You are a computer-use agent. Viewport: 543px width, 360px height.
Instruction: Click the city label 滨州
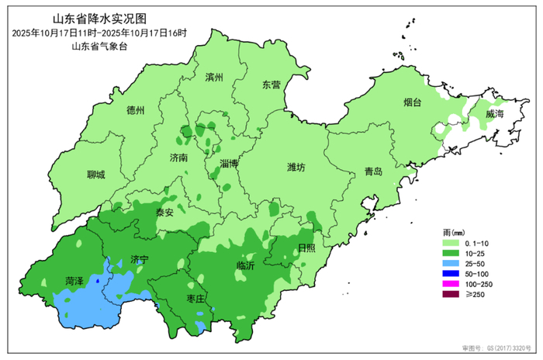[x=214, y=78]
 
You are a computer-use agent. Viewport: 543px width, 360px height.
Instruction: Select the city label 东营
[x=271, y=85]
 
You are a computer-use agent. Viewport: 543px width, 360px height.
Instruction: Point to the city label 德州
[x=136, y=111]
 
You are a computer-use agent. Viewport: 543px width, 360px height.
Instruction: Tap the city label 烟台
[x=413, y=102]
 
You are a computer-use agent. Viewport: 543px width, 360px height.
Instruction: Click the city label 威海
[x=494, y=114]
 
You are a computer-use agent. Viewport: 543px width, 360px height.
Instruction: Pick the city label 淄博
[x=229, y=164]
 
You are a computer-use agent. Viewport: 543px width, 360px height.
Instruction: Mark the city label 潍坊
[x=296, y=167]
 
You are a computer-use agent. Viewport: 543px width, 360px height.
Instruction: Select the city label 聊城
[x=97, y=175]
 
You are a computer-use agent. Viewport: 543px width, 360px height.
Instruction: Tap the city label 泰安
[x=164, y=211]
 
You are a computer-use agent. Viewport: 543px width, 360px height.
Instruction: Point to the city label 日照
[x=306, y=247]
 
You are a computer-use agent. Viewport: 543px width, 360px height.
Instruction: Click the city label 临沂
[x=246, y=266]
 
